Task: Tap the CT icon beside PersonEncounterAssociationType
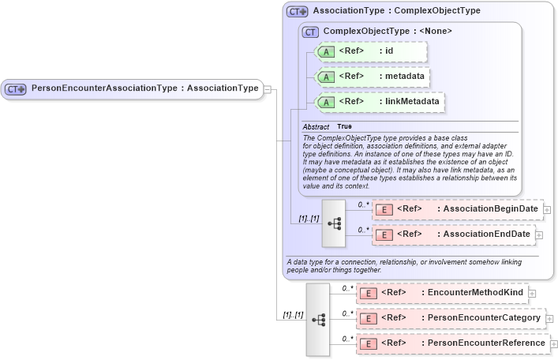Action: pos(17,89)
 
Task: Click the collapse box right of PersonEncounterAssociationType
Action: pos(268,88)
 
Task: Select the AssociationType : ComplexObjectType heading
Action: pos(396,11)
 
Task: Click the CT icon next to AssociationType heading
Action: pos(298,12)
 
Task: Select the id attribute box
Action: pos(371,51)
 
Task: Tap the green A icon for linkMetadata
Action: pos(326,102)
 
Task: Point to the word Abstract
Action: pos(316,126)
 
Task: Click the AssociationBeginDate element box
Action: pos(458,209)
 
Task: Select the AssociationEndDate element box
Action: pos(454,234)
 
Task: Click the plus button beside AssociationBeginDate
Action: pos(547,210)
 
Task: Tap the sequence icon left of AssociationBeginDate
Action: pos(334,223)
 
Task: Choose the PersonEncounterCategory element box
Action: pos(450,318)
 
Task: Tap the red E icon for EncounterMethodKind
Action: pos(367,293)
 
